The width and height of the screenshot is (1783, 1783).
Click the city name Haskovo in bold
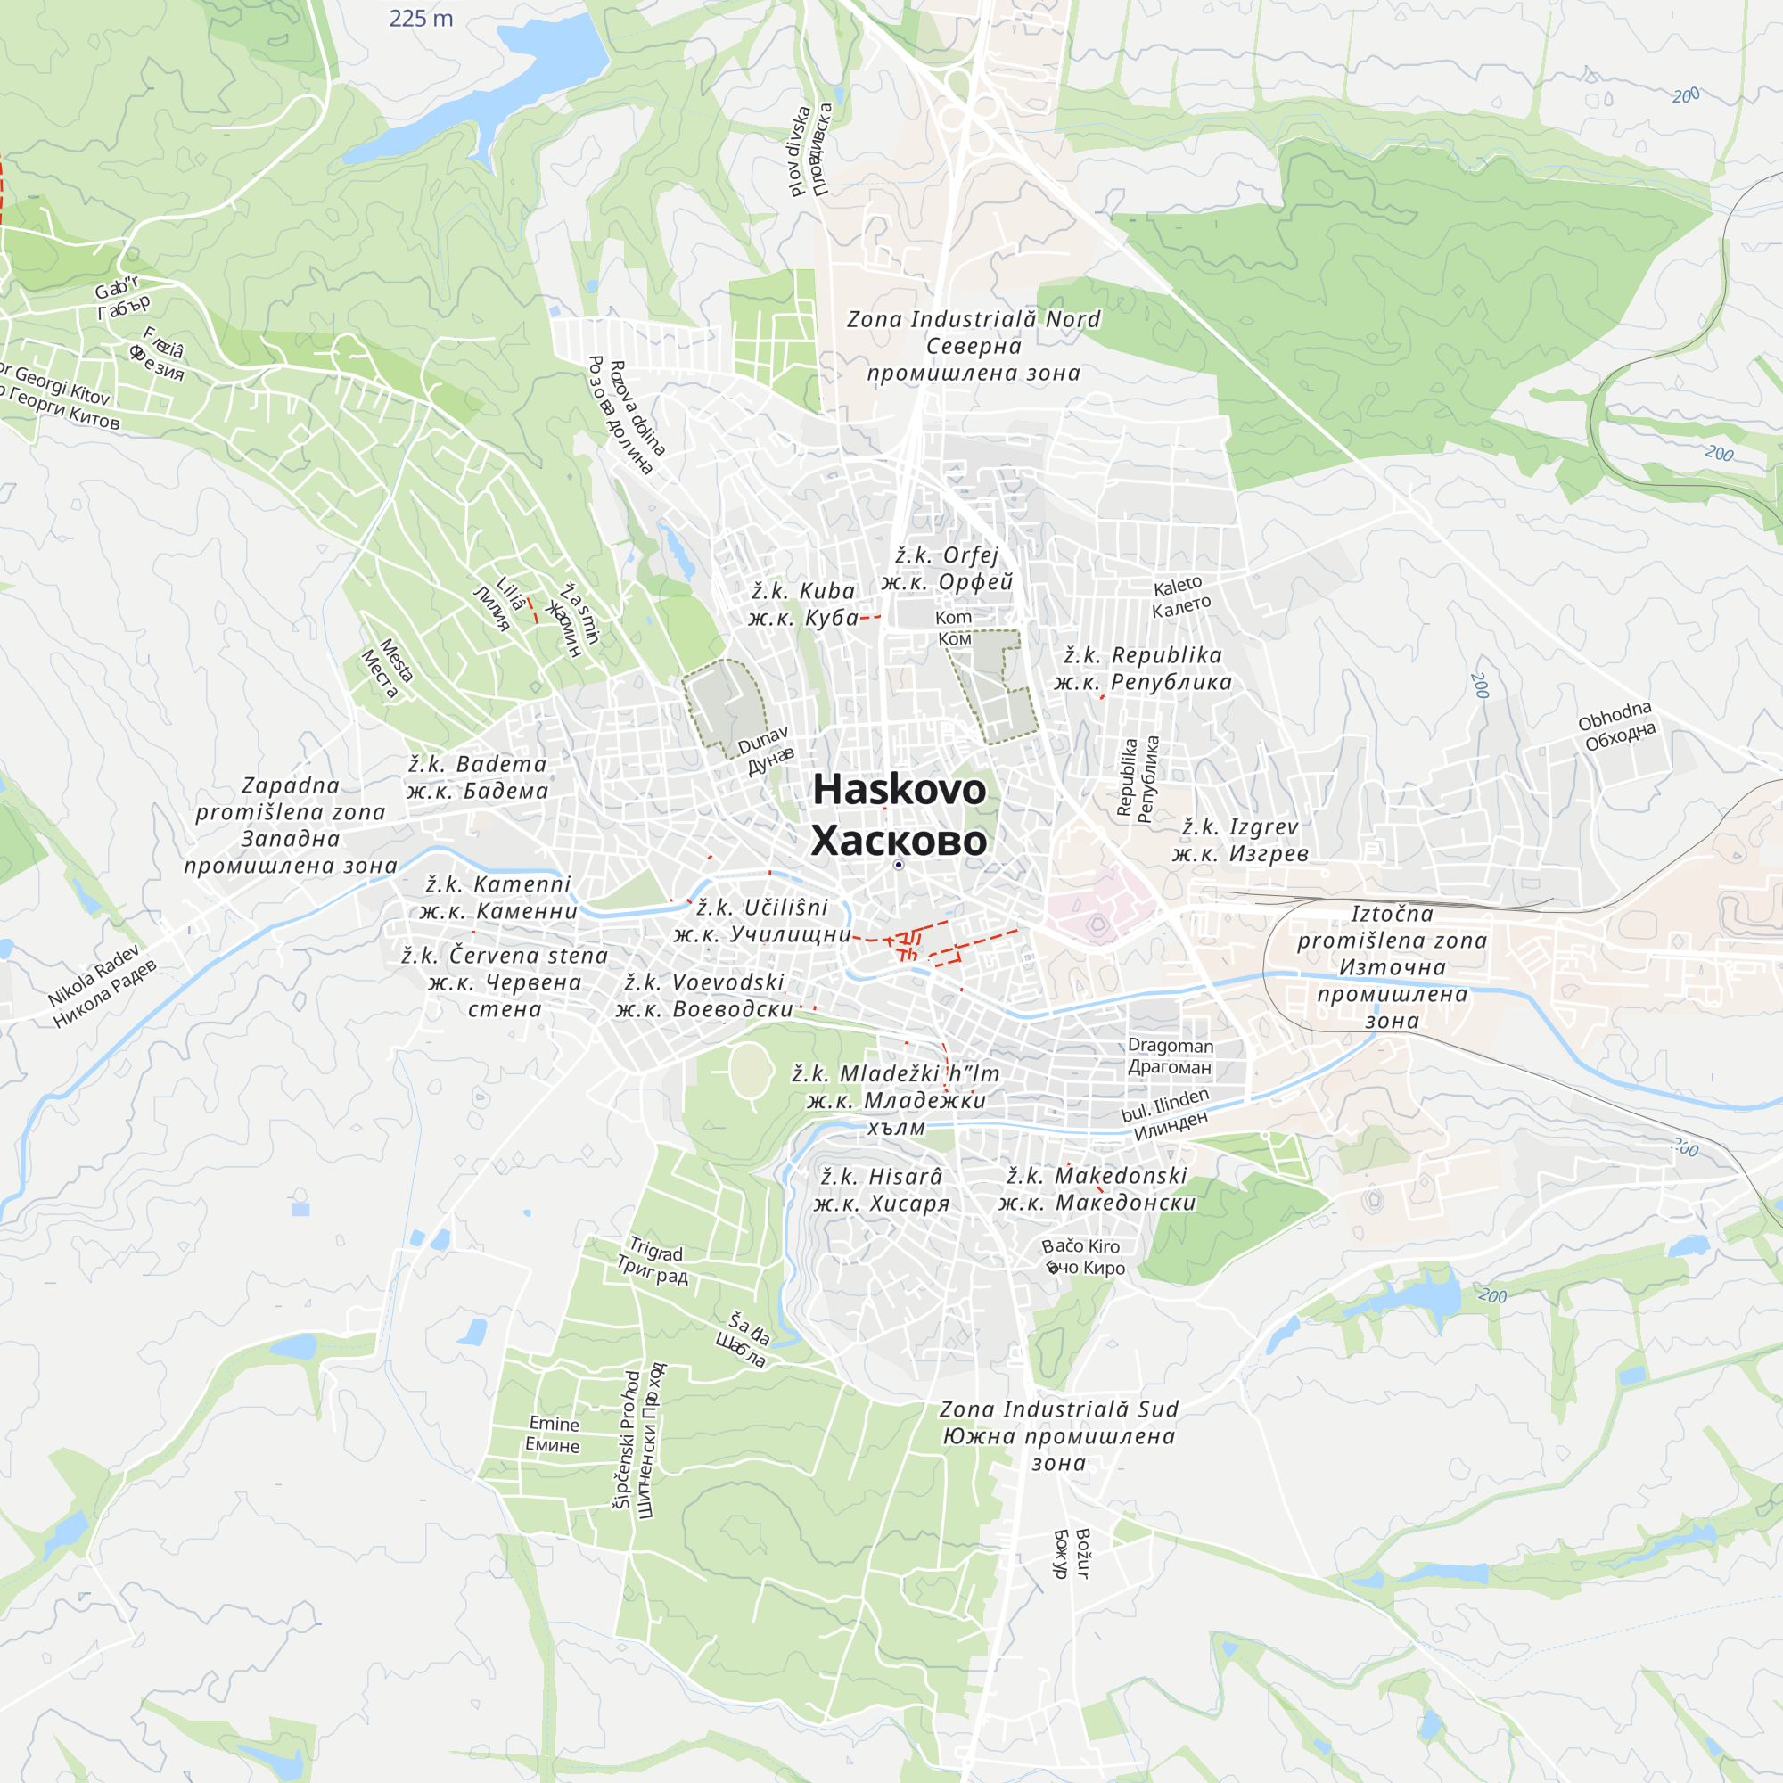click(x=899, y=790)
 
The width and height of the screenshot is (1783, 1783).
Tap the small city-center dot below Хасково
click(x=899, y=865)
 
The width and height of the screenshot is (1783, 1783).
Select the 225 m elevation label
click(x=421, y=19)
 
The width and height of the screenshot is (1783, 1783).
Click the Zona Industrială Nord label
click(x=974, y=319)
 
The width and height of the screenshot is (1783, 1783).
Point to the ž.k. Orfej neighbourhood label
click(x=947, y=555)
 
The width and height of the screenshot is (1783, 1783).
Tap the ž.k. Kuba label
click(x=803, y=591)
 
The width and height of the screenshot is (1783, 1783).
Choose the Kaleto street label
click(x=1178, y=586)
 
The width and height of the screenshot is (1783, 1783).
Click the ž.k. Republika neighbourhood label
click(x=1143, y=655)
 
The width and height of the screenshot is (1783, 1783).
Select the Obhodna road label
click(x=1615, y=715)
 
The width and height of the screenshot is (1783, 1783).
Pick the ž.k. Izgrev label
click(x=1239, y=827)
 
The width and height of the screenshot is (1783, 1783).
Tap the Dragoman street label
click(x=1171, y=1046)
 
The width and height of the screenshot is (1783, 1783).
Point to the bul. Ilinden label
click(x=1164, y=1105)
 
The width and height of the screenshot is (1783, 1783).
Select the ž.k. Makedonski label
click(x=1097, y=1176)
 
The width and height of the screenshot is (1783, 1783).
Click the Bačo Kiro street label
click(x=1080, y=1247)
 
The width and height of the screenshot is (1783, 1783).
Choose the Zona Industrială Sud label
click(x=1058, y=1409)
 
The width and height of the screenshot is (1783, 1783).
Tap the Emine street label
click(x=554, y=1424)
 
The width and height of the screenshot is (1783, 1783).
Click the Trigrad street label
click(x=655, y=1251)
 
